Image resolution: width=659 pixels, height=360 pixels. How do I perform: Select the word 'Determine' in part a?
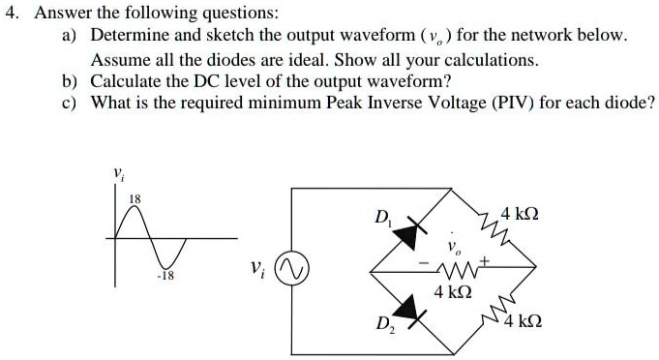point(128,36)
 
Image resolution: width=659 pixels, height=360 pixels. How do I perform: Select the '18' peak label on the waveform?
point(136,198)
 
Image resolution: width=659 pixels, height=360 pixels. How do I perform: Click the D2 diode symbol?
point(411,309)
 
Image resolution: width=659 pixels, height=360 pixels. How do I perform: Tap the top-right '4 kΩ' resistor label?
point(522,213)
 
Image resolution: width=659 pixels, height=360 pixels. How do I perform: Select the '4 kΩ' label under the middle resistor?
point(453,291)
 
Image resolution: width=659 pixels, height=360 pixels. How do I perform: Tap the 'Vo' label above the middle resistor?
point(451,249)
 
